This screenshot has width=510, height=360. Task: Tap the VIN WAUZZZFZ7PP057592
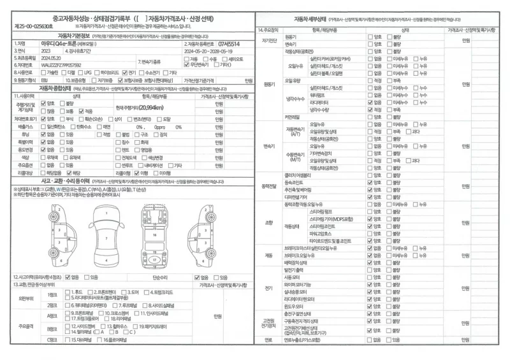coord(62,65)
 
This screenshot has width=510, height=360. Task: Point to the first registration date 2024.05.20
coord(50,58)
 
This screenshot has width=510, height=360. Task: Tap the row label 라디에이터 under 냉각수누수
coord(321,102)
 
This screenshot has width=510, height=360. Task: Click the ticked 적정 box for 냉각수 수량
coord(370,110)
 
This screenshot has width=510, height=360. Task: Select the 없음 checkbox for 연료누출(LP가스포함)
coord(370,340)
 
